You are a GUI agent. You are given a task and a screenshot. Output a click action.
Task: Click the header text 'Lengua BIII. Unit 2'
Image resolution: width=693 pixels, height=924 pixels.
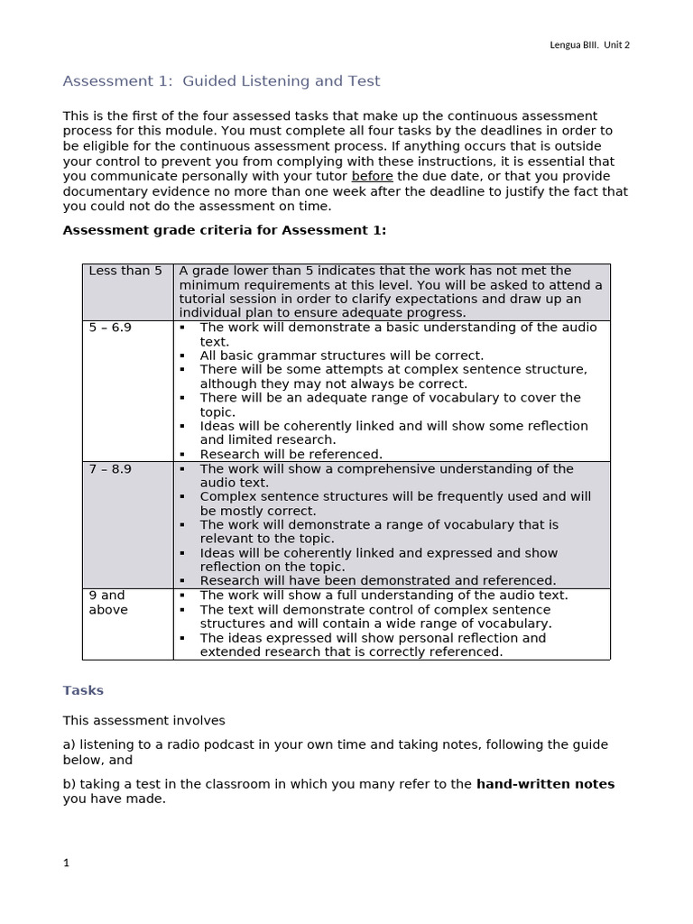(589, 45)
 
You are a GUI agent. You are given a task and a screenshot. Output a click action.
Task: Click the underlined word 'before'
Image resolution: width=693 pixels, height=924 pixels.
(372, 176)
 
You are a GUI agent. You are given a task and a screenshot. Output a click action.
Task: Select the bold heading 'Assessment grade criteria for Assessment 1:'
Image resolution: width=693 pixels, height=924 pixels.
(224, 230)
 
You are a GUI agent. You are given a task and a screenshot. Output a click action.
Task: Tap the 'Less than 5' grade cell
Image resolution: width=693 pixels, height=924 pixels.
(125, 271)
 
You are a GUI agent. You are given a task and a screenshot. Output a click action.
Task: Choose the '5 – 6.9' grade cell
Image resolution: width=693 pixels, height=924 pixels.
(110, 328)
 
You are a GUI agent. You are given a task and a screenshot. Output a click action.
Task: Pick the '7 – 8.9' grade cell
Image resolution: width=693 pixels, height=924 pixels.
(110, 469)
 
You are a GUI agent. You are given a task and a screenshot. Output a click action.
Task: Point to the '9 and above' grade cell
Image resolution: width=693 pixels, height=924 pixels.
(108, 603)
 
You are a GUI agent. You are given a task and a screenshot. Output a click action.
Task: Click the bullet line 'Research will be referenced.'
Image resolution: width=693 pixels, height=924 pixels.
(291, 454)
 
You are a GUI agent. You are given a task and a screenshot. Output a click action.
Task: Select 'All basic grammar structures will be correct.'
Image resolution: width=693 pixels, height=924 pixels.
(341, 356)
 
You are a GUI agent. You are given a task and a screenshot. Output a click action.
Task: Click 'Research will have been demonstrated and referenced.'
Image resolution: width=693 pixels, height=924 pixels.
(377, 580)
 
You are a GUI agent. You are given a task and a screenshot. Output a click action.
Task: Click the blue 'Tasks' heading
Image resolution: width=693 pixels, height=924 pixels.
(83, 690)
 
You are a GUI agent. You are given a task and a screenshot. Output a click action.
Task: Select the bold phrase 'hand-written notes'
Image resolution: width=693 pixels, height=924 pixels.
(545, 784)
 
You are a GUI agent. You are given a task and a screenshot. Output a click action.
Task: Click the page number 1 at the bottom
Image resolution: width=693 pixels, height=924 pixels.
(66, 863)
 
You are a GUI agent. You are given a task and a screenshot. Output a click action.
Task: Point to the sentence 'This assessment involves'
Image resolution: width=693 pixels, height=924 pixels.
(143, 720)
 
